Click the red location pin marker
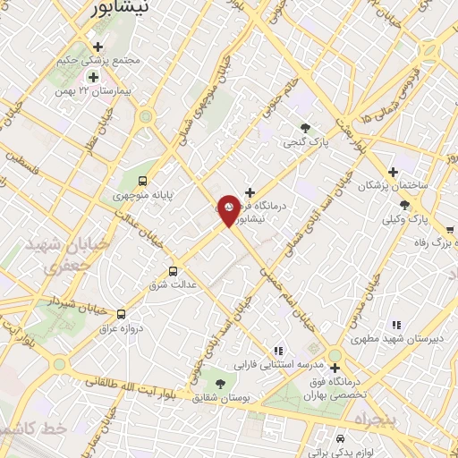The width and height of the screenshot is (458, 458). [229, 209]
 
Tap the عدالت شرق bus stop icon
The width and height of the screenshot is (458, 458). [173, 270]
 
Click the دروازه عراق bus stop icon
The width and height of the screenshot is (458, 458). [122, 314]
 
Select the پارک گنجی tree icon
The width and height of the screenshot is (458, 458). [306, 128]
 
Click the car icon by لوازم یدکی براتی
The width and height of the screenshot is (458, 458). [341, 439]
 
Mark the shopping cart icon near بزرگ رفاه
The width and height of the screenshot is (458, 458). [449, 227]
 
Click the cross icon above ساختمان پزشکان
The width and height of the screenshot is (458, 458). [393, 172]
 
